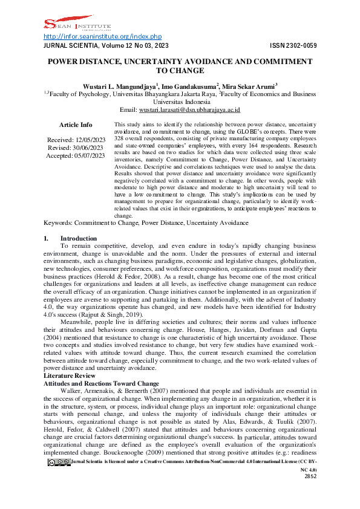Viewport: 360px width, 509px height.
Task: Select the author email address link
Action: [189, 110]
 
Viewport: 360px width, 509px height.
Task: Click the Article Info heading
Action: [76, 125]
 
